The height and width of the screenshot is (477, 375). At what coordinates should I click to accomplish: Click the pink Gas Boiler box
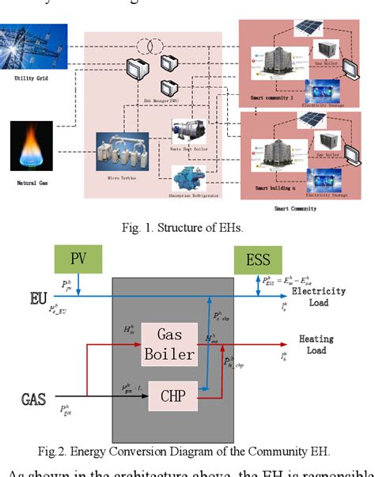[x=169, y=346]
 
